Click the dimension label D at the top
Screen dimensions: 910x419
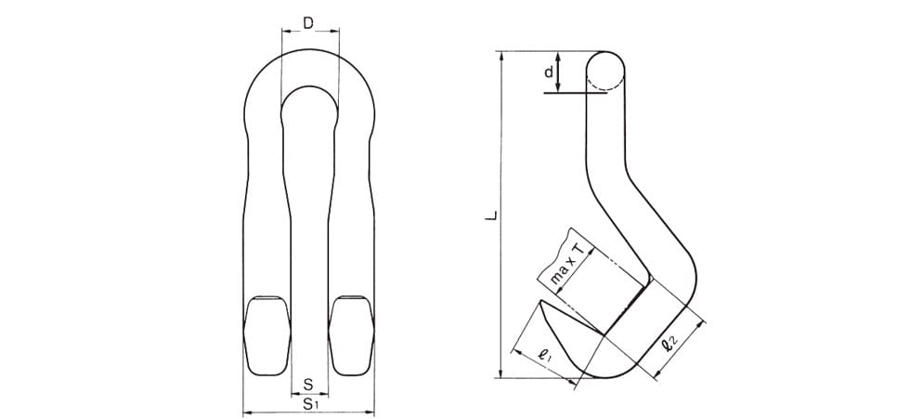(x=308, y=23)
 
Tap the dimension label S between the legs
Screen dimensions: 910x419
(x=308, y=384)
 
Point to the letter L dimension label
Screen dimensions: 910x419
(x=492, y=216)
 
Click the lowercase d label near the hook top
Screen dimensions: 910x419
(x=548, y=72)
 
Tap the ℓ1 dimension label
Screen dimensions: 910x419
(x=545, y=355)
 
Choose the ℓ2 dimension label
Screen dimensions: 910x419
(x=669, y=344)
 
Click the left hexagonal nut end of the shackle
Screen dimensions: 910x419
(x=267, y=335)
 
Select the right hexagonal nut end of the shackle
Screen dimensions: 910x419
(x=351, y=335)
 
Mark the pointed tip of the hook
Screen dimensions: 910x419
(x=540, y=302)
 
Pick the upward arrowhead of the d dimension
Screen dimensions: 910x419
(x=558, y=57)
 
